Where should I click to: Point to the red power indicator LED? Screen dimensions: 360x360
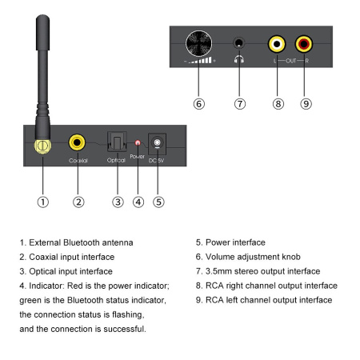pyautogui.click(x=138, y=144)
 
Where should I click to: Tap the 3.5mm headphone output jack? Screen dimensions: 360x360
pyautogui.click(x=239, y=44)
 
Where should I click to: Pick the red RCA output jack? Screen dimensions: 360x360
pyautogui.click(x=304, y=44)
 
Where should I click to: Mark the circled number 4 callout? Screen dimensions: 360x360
pyautogui.click(x=138, y=202)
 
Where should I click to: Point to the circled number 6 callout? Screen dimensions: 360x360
pyautogui.click(x=199, y=104)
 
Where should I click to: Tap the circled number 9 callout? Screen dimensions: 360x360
pyautogui.click(x=304, y=104)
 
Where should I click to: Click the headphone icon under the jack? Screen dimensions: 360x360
pyautogui.click(x=239, y=60)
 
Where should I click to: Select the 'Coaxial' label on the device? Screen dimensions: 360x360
pyautogui.click(x=78, y=161)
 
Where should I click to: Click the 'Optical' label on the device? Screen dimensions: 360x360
pyautogui.click(x=117, y=161)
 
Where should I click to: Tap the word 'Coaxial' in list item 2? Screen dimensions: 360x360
pyautogui.click(x=44, y=257)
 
